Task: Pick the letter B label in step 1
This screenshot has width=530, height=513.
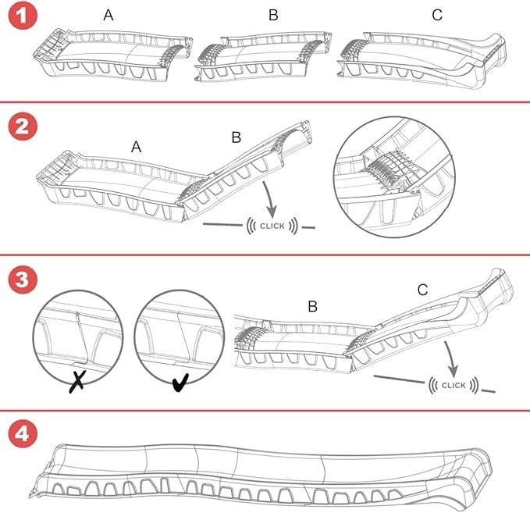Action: coord(273,16)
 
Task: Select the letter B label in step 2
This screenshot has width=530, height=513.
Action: coord(237,138)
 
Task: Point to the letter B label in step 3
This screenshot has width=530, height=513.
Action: coord(312,306)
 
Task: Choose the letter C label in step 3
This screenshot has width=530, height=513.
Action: coord(422,290)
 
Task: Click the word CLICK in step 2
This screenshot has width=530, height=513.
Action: coord(272,226)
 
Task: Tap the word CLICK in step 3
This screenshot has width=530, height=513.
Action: coord(454,385)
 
